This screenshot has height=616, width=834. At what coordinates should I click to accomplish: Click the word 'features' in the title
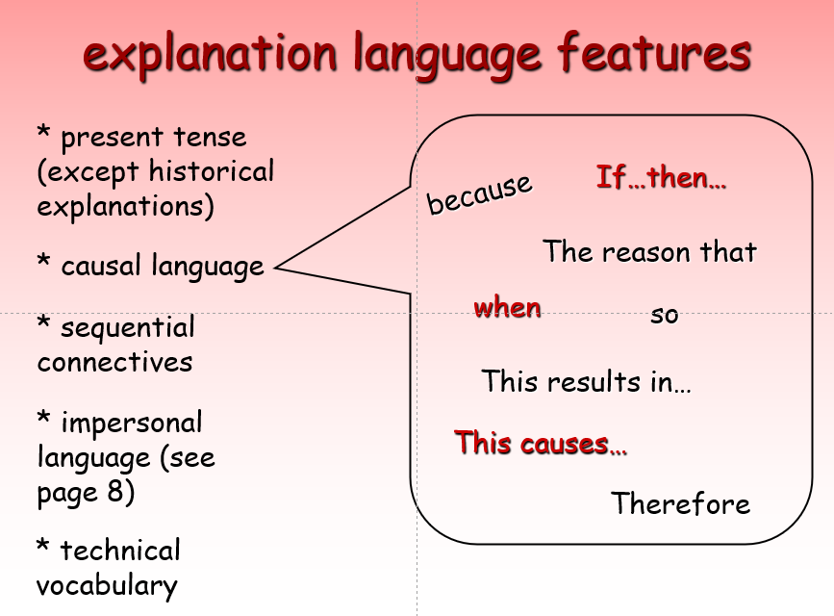click(654, 52)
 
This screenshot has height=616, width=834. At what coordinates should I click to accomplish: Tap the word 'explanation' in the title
click(210, 56)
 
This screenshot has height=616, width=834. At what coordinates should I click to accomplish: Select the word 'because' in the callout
click(479, 193)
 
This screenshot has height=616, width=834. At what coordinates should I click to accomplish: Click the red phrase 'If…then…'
click(661, 177)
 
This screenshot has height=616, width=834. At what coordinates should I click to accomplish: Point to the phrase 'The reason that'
click(649, 251)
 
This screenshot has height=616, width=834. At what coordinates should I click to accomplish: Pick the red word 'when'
click(507, 307)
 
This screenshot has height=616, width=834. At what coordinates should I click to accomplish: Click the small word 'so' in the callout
click(665, 315)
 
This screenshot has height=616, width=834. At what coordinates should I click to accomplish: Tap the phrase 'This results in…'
click(586, 381)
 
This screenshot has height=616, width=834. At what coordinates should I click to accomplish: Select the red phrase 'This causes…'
click(541, 443)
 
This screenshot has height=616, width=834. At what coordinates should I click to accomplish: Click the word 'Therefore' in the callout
click(680, 503)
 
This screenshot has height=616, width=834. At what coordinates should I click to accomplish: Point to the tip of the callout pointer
click(275, 268)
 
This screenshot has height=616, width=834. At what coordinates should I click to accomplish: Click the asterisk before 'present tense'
click(43, 131)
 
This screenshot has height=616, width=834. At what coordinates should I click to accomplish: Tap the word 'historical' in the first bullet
click(212, 171)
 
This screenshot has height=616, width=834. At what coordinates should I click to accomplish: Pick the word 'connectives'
click(114, 363)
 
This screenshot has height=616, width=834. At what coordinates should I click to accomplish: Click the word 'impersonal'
click(132, 423)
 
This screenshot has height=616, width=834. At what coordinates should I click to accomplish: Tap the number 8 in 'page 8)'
click(116, 491)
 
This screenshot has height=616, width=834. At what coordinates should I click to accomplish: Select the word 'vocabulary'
click(107, 585)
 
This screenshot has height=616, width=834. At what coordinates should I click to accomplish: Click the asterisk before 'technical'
click(43, 545)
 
